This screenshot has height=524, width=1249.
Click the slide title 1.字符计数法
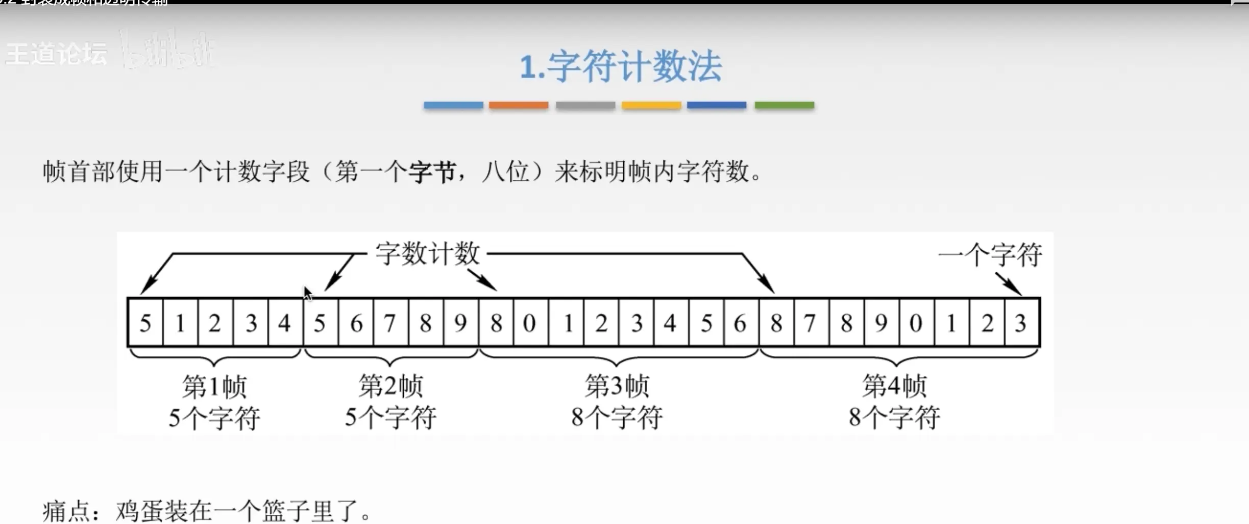621,66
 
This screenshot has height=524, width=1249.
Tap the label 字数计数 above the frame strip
428,253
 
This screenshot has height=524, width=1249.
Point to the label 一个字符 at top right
990,255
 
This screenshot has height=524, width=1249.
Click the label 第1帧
214,386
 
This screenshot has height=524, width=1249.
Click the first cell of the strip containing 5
145,323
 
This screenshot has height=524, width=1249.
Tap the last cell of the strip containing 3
1021,323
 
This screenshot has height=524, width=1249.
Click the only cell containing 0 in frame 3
530,323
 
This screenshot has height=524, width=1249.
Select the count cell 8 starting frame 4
776,323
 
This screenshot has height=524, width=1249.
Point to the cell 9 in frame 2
460,323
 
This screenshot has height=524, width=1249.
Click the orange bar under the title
519,105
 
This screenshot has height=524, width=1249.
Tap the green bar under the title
785,105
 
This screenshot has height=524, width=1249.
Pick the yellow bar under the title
651,105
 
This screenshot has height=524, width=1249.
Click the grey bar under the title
585,105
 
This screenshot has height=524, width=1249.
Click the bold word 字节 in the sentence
432,172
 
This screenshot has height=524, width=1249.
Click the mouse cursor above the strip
307,293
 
